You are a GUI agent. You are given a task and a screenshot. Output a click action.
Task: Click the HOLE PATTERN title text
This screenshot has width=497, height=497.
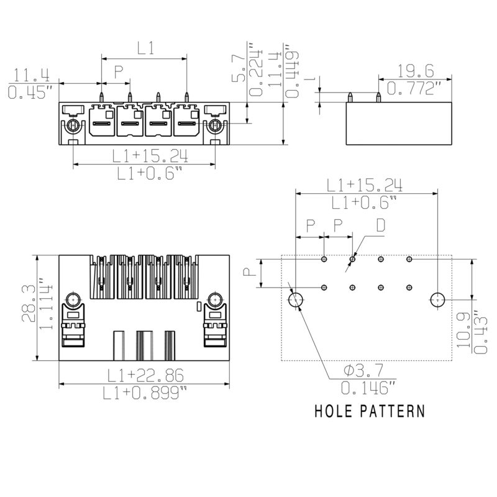(370, 411)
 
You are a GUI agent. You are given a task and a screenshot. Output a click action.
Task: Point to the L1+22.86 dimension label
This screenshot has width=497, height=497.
(144, 375)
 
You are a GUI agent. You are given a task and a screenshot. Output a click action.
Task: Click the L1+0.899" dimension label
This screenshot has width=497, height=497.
(144, 393)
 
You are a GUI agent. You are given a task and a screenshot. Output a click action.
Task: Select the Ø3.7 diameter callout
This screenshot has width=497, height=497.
(365, 372)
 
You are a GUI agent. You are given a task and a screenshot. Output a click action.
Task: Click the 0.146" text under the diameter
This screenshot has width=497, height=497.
(368, 389)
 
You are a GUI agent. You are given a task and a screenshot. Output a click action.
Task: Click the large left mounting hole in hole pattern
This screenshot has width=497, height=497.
(296, 300)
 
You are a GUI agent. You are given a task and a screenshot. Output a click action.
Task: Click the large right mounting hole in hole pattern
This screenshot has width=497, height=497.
(439, 300)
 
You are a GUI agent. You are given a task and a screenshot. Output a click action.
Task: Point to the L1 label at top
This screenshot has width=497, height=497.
(145, 48)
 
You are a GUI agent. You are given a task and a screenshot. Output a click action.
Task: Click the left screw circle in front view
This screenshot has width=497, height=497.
(73, 126)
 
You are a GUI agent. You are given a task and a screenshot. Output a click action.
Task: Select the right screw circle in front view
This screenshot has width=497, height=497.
(215, 126)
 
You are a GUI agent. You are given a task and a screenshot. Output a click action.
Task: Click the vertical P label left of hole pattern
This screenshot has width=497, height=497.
(247, 273)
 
